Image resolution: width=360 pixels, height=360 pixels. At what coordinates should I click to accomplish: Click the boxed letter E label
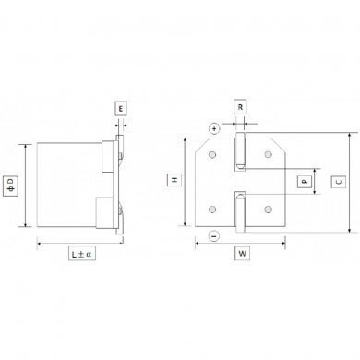[x=121, y=109]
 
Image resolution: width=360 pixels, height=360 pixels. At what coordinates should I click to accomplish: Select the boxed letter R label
[x=240, y=107]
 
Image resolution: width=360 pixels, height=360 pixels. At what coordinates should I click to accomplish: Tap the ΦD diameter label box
[x=10, y=186]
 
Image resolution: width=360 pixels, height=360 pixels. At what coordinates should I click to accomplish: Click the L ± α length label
[x=82, y=255]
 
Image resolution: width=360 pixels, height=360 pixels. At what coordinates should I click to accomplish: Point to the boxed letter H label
[x=174, y=180]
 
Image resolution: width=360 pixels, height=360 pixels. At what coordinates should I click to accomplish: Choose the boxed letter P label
[x=305, y=182]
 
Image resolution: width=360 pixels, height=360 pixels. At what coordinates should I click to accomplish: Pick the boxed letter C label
[x=339, y=182]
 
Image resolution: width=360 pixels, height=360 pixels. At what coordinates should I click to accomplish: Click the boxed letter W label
[x=242, y=254]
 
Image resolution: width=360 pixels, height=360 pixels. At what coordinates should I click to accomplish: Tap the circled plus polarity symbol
[x=214, y=128]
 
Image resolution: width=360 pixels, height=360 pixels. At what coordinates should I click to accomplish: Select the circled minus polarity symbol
[x=214, y=236]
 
